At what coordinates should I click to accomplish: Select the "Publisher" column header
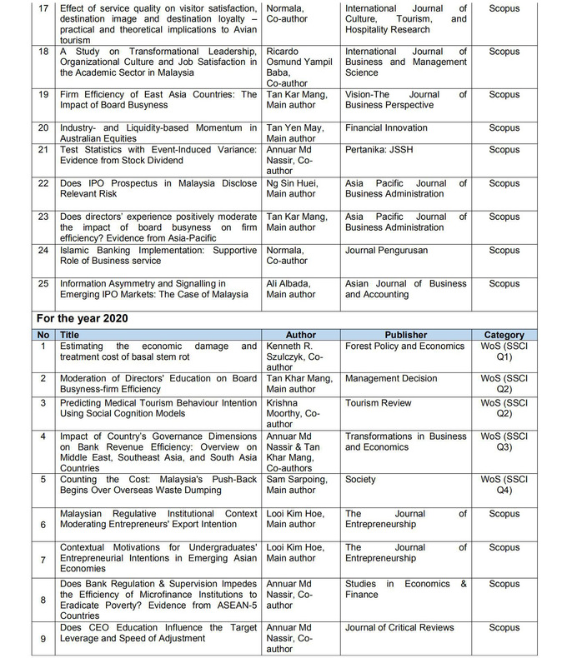coord(406,335)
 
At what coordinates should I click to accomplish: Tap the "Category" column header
coord(504,335)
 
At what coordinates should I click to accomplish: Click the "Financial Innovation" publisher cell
coord(386,128)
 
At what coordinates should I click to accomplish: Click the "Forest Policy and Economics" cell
coord(404,346)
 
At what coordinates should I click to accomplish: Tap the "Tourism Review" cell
coord(379,403)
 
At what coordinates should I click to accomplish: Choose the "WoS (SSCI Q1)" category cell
coord(504,351)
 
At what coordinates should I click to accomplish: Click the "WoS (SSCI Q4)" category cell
coord(504,485)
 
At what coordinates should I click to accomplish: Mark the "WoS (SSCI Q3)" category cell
coord(504,441)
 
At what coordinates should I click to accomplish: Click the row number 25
coord(44,284)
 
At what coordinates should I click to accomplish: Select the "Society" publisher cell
coord(360,480)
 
